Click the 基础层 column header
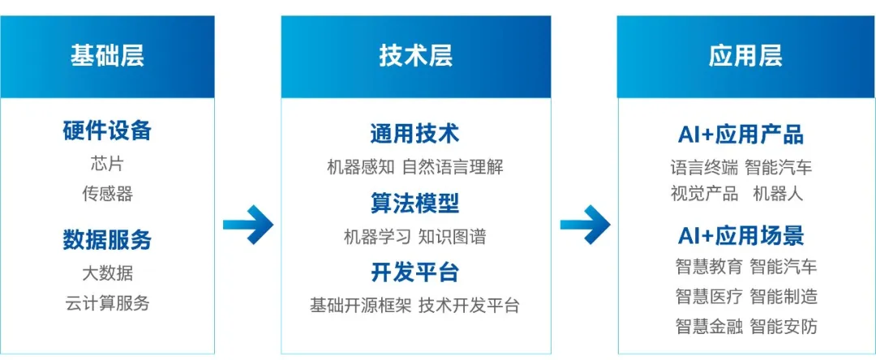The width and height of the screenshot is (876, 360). (x=107, y=56)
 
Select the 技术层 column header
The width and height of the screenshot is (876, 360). (x=415, y=56)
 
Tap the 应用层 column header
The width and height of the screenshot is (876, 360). (x=745, y=56)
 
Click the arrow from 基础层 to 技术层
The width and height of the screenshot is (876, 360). (x=247, y=224)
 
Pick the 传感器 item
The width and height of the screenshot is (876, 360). (x=107, y=194)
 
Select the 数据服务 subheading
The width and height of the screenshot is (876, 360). (x=107, y=240)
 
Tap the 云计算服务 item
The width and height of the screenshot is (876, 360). (x=107, y=304)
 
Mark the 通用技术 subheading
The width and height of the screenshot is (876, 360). (x=414, y=134)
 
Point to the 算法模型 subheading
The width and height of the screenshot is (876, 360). (x=414, y=203)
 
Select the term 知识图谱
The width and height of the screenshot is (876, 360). (x=453, y=238)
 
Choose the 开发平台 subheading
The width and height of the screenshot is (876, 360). (x=414, y=272)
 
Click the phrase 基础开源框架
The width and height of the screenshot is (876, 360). (x=360, y=306)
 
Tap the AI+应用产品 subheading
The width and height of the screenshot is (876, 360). (x=741, y=134)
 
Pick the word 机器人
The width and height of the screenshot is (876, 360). (x=778, y=194)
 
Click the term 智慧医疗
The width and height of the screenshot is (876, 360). (x=708, y=297)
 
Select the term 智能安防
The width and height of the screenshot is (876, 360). (x=784, y=327)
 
